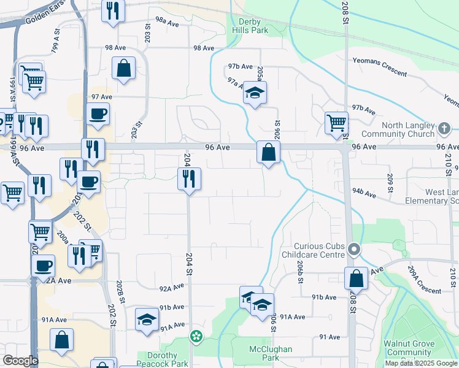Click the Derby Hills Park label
250,26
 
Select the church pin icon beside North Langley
445,129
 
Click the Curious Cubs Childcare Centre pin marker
353,250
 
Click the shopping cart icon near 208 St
336,123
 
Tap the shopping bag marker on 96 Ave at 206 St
268,152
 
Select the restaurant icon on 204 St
189,178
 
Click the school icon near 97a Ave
255,94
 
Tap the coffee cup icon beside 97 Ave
98,113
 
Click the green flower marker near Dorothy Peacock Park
196,335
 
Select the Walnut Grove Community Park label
407,352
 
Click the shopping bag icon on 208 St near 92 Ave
356,278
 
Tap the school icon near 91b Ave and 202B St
147,320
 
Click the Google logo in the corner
20,361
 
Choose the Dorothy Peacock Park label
163,359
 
